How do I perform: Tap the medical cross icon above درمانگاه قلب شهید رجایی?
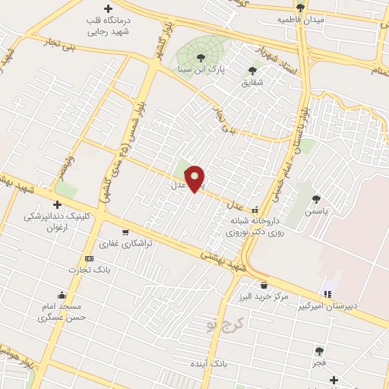[109, 8]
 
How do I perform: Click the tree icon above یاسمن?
[316, 199]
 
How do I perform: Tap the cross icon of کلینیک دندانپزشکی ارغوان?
[57, 204]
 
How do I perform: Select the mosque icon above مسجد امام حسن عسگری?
[61, 296]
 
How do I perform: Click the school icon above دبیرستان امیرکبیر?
[328, 294]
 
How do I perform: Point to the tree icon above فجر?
[319, 351]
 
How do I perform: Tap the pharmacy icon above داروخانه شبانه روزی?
[255, 210]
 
